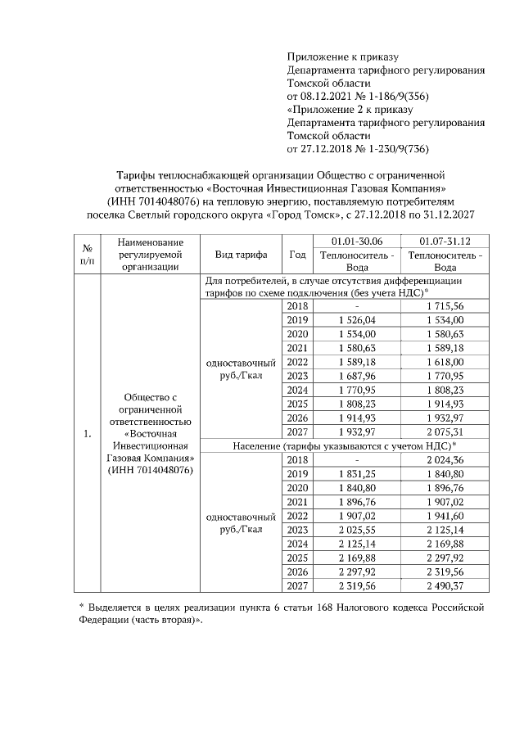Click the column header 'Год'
(297, 254)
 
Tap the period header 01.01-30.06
(356, 241)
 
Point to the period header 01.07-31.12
(445, 241)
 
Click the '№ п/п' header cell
(86, 254)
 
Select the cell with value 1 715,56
(445, 305)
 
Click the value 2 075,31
(445, 431)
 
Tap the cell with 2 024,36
(445, 460)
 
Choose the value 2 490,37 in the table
(445, 586)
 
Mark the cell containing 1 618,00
(445, 361)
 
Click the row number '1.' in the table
(86, 432)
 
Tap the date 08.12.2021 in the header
(323, 97)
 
